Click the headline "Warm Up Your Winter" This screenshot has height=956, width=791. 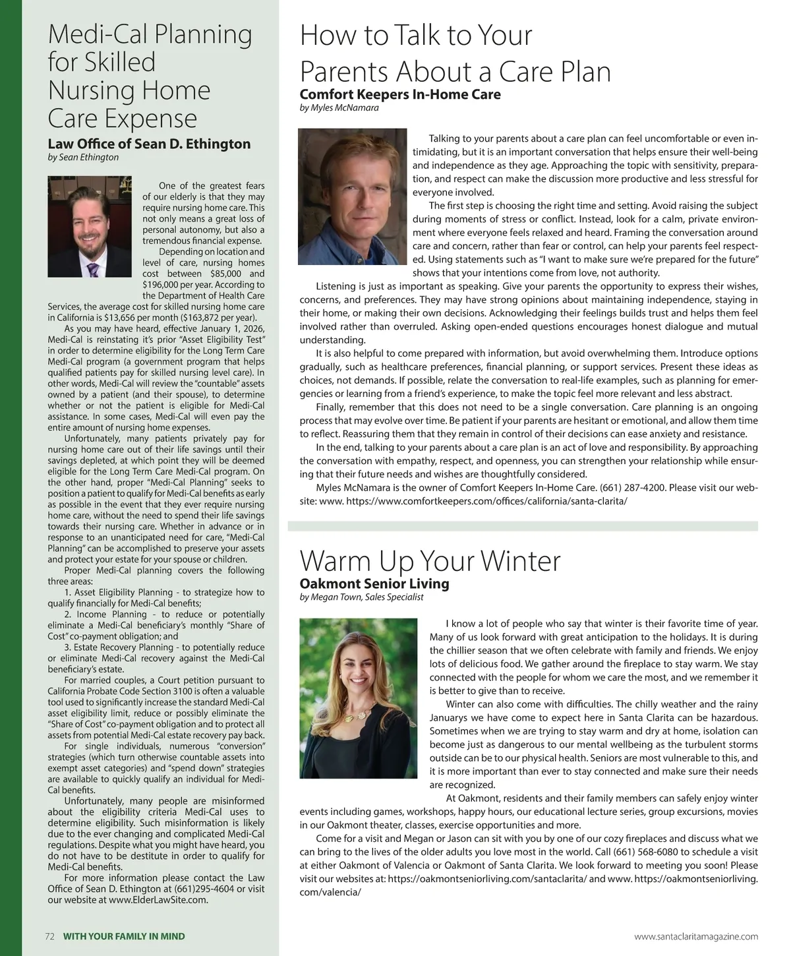(x=430, y=561)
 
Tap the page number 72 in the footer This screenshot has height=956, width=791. (x=49, y=936)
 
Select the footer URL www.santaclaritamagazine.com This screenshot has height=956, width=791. (x=695, y=936)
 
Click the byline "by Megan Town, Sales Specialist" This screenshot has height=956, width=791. (x=361, y=597)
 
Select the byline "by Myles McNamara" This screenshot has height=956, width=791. (x=339, y=107)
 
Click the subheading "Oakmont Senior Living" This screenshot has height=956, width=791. (x=374, y=583)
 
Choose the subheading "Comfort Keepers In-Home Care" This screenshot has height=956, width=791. (x=400, y=94)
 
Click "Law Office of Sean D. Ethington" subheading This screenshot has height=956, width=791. (x=149, y=144)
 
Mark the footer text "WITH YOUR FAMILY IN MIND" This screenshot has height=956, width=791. (x=124, y=936)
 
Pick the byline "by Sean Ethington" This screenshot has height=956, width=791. (x=84, y=158)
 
